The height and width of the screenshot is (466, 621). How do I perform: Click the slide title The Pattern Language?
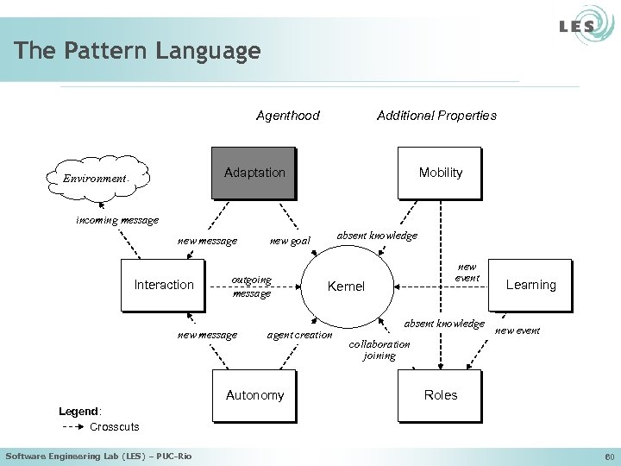[x=137, y=51]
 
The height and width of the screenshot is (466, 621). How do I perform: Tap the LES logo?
[x=577, y=26]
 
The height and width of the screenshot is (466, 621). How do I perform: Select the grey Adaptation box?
[x=254, y=173]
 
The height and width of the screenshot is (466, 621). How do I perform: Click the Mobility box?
[x=440, y=173]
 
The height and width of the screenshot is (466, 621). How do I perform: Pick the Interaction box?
[x=163, y=285]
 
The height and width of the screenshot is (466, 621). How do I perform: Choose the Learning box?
[x=530, y=285]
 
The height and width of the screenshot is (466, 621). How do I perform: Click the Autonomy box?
[x=254, y=395]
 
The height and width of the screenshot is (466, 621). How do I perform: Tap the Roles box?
[x=440, y=395]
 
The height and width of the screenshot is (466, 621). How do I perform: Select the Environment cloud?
[x=95, y=178]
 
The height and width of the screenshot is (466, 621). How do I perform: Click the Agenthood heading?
[x=287, y=116]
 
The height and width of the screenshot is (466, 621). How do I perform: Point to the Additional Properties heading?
[x=436, y=116]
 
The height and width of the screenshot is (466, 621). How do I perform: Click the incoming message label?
[x=117, y=220]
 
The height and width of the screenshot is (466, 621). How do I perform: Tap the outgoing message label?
[x=251, y=287]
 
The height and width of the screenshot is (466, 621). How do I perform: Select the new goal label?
[x=290, y=242]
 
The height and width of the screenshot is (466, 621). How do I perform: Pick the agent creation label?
[x=299, y=335]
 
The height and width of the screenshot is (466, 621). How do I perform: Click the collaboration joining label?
[x=379, y=349]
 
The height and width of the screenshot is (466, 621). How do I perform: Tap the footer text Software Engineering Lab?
[x=98, y=456]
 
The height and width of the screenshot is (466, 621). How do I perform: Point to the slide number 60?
[x=606, y=456]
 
